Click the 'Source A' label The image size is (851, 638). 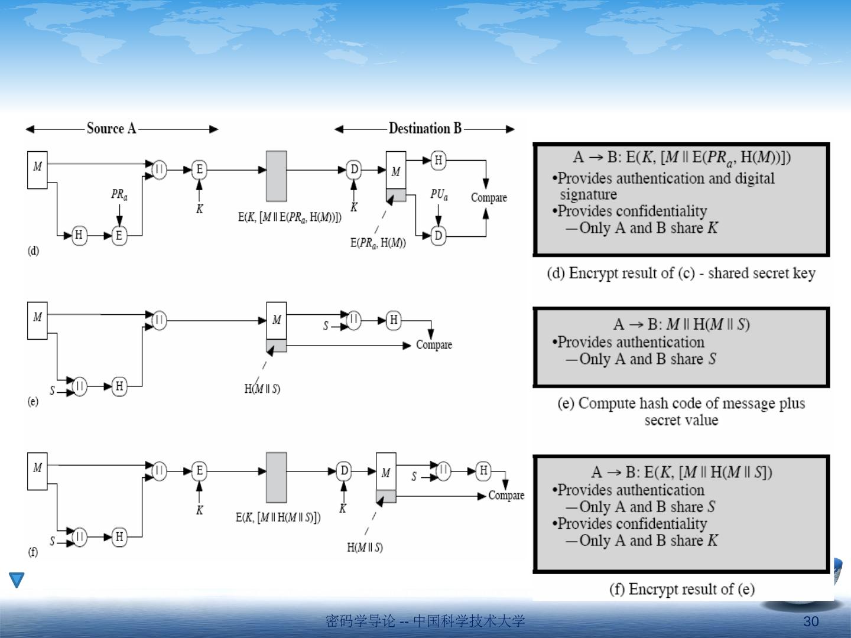(x=111, y=128)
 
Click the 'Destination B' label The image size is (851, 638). (x=425, y=128)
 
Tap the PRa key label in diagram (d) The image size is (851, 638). (x=119, y=194)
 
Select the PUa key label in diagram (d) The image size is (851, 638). (x=439, y=194)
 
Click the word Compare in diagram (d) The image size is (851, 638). (x=489, y=197)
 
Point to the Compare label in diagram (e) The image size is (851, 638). (x=434, y=344)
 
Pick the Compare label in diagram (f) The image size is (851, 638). (x=506, y=495)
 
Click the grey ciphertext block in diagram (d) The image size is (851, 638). (x=276, y=176)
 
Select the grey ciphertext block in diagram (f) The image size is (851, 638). (x=276, y=477)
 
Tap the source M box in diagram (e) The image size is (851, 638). (x=37, y=320)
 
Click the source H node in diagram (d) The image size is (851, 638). (x=79, y=235)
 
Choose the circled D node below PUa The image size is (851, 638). (x=438, y=236)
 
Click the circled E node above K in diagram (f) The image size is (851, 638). (x=199, y=471)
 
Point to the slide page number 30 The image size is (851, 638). (x=811, y=621)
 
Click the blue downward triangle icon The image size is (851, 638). (x=17, y=580)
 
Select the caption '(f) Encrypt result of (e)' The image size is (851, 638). (x=681, y=589)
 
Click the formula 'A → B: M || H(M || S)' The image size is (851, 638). (x=681, y=324)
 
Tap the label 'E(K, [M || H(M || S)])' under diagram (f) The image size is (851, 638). (x=278, y=517)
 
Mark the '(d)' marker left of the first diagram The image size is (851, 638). (x=33, y=250)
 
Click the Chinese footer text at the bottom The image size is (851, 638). (x=425, y=621)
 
